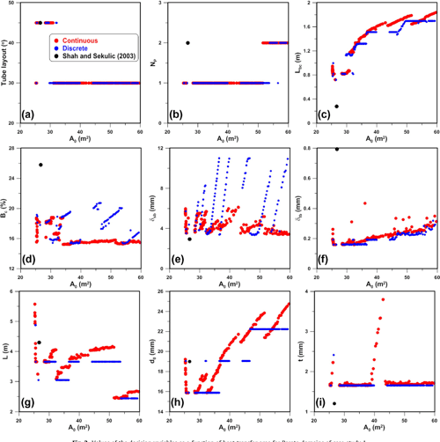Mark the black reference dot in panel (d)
pos(40,165)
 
